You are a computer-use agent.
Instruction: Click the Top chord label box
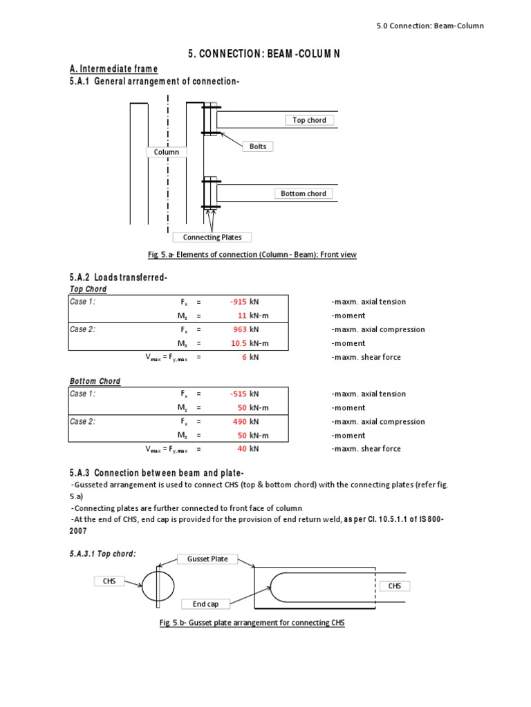(309, 120)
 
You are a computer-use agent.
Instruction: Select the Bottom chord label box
(303, 193)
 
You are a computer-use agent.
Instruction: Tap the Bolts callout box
(257, 146)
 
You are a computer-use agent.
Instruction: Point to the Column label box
(166, 152)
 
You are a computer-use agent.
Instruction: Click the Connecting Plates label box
(212, 238)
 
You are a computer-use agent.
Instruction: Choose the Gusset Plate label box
(207, 559)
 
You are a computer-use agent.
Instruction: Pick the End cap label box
(205, 604)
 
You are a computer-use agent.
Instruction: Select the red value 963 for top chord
(239, 329)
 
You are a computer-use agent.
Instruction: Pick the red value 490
(239, 421)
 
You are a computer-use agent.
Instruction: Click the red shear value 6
(244, 357)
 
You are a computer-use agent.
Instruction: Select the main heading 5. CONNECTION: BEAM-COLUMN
(264, 53)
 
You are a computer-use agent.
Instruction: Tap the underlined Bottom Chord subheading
(95, 381)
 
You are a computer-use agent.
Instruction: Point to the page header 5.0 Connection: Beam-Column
(430, 26)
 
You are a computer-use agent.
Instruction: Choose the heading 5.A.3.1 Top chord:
(102, 554)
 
